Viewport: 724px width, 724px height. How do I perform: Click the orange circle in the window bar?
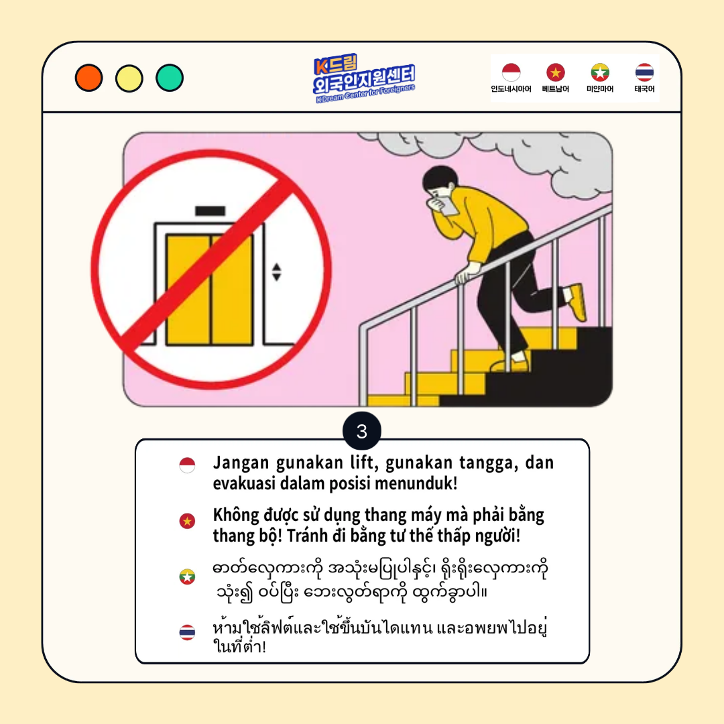(88, 78)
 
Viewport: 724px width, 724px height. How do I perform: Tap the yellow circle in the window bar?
(129, 78)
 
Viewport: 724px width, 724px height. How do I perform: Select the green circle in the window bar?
(170, 78)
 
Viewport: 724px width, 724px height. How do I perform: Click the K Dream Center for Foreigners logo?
(363, 78)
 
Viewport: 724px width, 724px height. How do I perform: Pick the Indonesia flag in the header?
(511, 72)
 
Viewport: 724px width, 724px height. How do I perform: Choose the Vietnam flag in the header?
(556, 72)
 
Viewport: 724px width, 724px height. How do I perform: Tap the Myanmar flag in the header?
(600, 72)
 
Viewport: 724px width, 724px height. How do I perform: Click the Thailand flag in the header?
(644, 72)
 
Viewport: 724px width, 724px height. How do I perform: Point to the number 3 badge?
(362, 431)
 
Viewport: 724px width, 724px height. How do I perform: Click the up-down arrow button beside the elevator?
(276, 272)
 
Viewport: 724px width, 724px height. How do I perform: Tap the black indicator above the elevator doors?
(210, 211)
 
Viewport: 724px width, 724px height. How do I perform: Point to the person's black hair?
(440, 177)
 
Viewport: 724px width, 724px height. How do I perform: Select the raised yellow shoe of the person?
(577, 302)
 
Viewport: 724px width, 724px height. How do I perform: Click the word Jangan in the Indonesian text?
(241, 463)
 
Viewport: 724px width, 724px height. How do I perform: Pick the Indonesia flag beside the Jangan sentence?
(187, 465)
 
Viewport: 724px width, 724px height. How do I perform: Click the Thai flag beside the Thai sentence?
(187, 632)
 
